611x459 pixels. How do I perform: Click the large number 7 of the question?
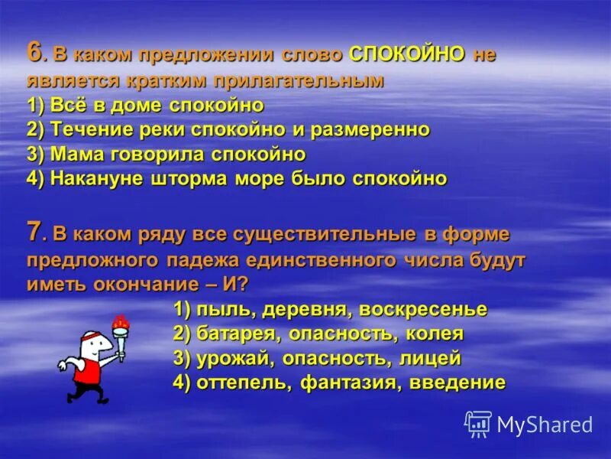pos(34,230)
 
